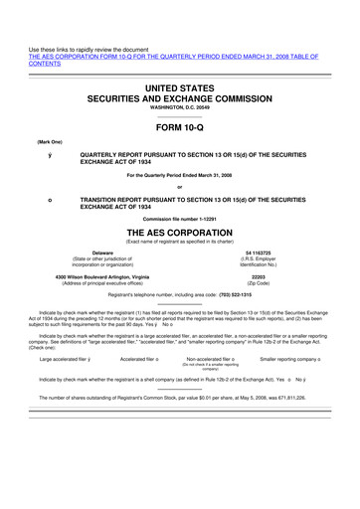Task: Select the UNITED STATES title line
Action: pyautogui.click(x=180, y=90)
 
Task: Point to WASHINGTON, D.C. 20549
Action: pyautogui.click(x=180, y=112)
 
